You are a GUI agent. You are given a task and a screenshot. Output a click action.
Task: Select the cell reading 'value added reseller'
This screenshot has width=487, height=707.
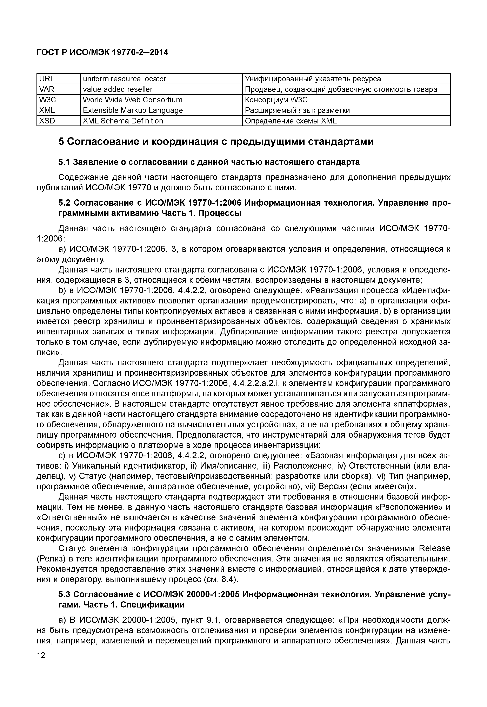coord(118,89)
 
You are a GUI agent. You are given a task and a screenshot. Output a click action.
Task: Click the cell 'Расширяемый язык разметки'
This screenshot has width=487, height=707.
coord(298,110)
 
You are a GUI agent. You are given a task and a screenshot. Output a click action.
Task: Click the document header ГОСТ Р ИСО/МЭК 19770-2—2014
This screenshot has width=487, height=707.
coord(102,53)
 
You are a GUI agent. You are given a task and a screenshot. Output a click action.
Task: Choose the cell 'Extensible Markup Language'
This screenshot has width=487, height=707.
coord(133,110)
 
